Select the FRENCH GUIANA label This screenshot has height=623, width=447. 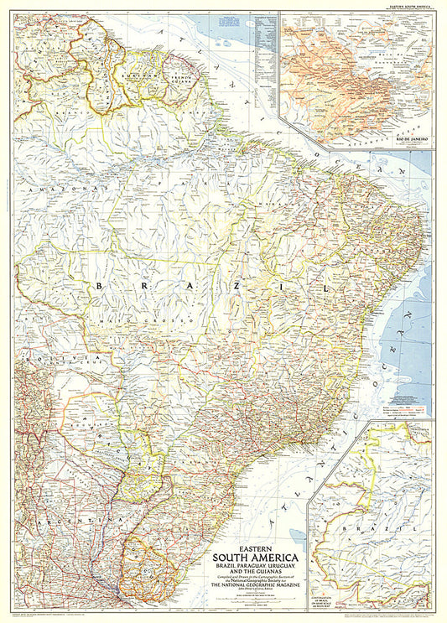(182, 78)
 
